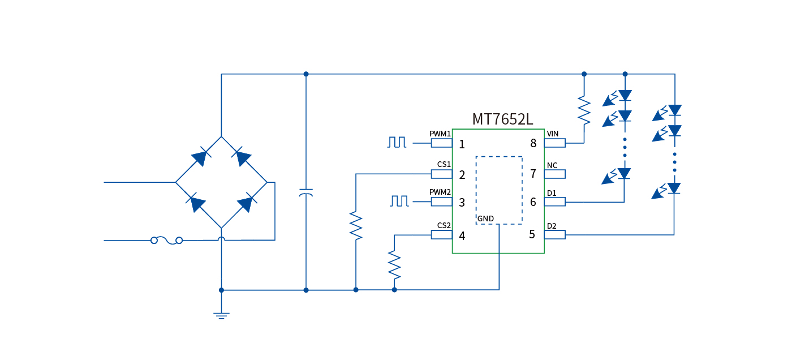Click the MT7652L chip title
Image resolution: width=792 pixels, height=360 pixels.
502,119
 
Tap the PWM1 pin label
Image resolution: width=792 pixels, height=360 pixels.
440,134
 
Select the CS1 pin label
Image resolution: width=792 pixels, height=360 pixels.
444,165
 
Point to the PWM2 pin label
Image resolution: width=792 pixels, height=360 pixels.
440,192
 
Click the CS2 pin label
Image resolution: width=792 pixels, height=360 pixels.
444,225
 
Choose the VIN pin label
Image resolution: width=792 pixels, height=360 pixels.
553,134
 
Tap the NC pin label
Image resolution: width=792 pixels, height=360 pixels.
552,165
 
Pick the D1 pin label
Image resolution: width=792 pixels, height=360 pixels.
552,193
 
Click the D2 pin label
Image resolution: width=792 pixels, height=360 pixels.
552,226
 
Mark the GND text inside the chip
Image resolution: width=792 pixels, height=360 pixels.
485,218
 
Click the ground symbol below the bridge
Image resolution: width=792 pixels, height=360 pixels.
221,315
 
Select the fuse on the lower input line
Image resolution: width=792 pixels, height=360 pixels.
166,241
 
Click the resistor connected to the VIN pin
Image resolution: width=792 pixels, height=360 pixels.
584,111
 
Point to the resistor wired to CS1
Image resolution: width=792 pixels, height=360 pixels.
356,225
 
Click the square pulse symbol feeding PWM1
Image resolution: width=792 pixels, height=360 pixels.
397,142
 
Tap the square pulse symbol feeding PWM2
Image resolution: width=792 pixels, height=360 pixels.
399,200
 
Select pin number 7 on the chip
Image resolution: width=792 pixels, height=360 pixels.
533,174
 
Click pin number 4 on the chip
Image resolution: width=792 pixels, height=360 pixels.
462,236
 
